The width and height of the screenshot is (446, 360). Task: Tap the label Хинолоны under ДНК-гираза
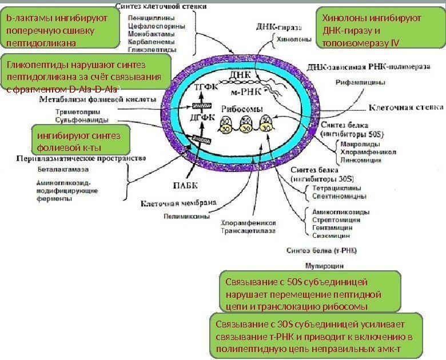[294, 41]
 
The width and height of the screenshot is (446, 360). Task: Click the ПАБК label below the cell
[185, 185]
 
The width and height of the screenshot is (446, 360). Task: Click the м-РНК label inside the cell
[248, 91]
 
